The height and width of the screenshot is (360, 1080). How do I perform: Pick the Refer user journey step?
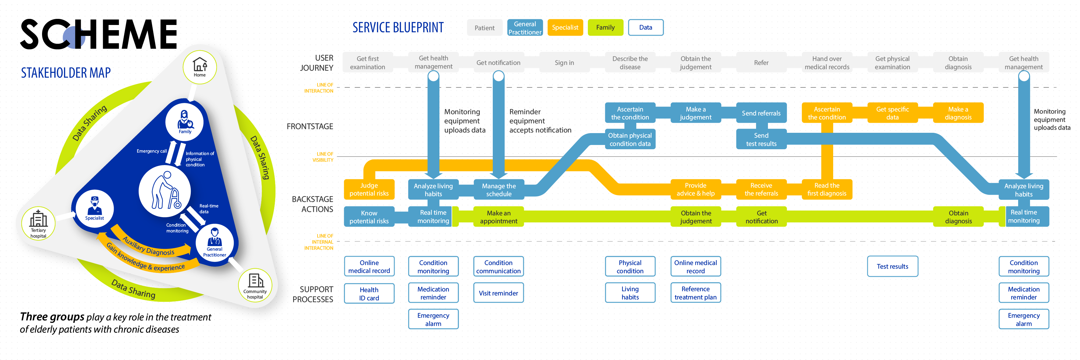tap(761, 63)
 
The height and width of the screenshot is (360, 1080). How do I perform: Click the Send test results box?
tap(761, 139)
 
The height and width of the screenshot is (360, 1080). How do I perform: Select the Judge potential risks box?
tap(369, 189)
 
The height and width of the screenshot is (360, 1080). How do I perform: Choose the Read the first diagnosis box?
tap(826, 189)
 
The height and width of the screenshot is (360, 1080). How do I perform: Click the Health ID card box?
tap(369, 293)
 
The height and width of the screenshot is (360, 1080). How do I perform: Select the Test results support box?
tap(892, 266)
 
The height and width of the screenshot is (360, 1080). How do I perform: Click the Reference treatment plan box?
tap(695, 293)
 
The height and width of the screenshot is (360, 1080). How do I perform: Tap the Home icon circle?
tap(200, 67)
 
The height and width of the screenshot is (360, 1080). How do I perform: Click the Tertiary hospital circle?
tap(38, 223)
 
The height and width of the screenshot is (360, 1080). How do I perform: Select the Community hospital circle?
tap(255, 285)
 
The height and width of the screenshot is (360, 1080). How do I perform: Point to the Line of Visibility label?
tap(322, 157)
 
